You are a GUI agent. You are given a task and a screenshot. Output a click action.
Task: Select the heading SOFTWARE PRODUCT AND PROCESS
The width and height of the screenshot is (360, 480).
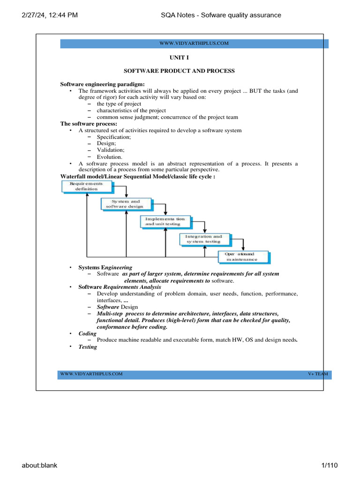[x=179, y=71]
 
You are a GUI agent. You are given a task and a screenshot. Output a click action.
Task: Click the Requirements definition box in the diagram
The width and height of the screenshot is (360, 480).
[x=87, y=187]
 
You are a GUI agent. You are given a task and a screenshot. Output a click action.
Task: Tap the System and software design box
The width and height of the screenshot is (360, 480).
[x=126, y=203]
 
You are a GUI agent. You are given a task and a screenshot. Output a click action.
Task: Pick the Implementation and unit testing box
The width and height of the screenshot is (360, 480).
[x=165, y=221]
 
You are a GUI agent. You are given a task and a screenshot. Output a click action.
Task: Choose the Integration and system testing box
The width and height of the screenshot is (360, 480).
[x=204, y=239]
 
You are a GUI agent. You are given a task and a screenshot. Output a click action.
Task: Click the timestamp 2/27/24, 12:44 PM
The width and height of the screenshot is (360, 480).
[x=49, y=15]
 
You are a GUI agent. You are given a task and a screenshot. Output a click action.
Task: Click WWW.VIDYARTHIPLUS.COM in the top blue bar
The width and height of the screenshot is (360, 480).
[x=194, y=44]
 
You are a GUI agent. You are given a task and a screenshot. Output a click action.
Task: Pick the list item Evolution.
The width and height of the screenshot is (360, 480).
[x=110, y=157]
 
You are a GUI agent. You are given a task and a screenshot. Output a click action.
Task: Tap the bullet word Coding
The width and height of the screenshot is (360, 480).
[x=87, y=333]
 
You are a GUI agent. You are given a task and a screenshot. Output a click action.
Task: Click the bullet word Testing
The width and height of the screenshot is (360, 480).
[x=88, y=347]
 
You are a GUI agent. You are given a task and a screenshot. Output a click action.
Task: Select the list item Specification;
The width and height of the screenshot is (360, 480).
[x=113, y=137]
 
